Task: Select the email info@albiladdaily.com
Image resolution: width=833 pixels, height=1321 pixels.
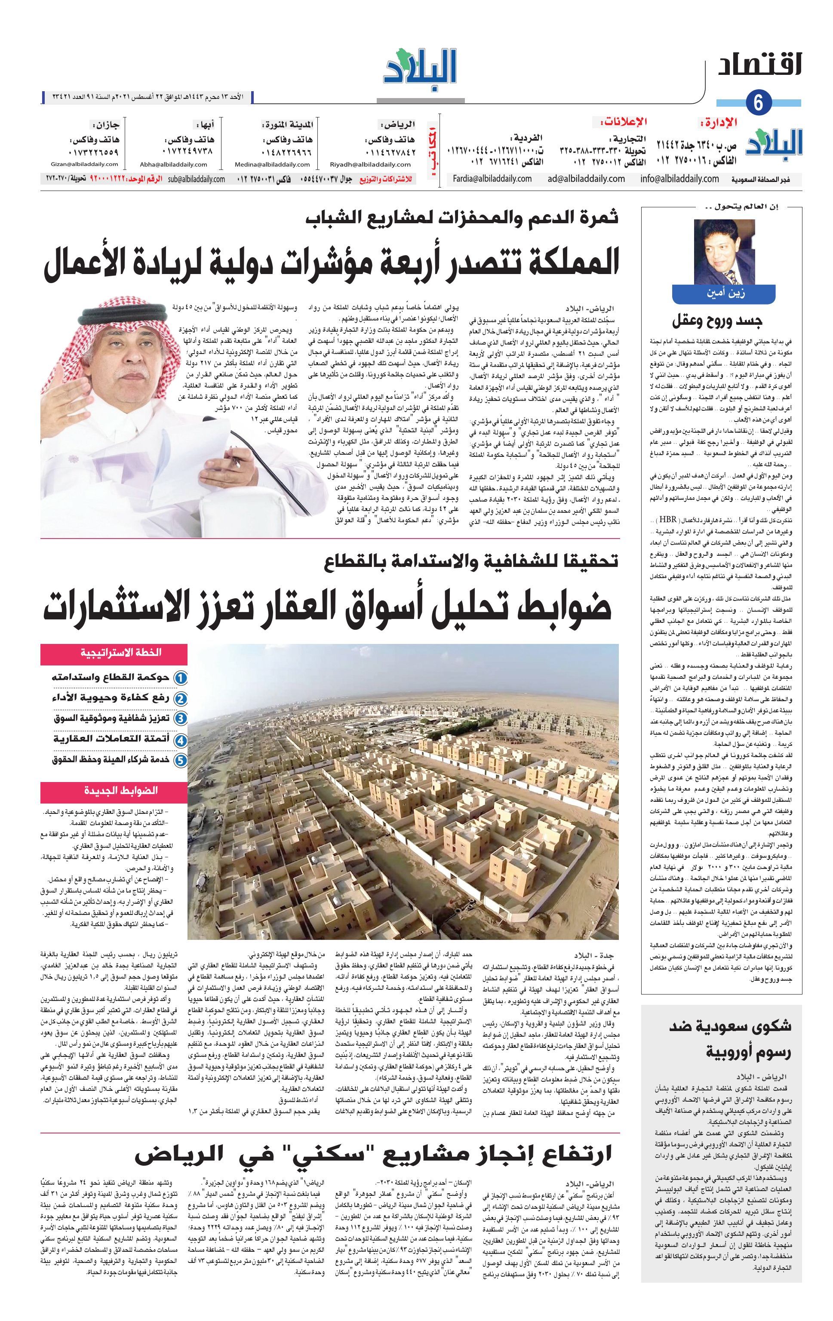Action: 679,179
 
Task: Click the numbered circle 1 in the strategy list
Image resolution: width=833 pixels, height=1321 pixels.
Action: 181,678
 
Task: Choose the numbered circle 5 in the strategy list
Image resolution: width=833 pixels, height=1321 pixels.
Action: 181,761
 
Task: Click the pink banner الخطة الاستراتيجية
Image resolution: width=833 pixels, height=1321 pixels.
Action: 114,653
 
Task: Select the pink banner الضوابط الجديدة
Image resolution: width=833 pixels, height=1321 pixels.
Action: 114,791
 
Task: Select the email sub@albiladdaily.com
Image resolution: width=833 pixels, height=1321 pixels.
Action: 197,179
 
